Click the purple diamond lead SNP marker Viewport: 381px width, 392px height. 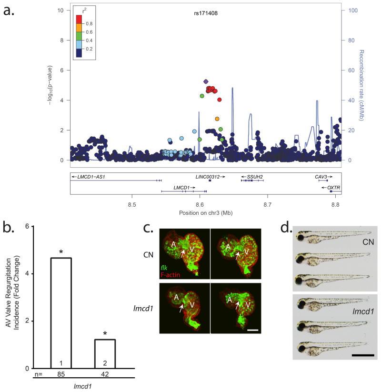206,81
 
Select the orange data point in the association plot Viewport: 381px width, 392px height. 217,119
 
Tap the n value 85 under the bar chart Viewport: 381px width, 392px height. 61,375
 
